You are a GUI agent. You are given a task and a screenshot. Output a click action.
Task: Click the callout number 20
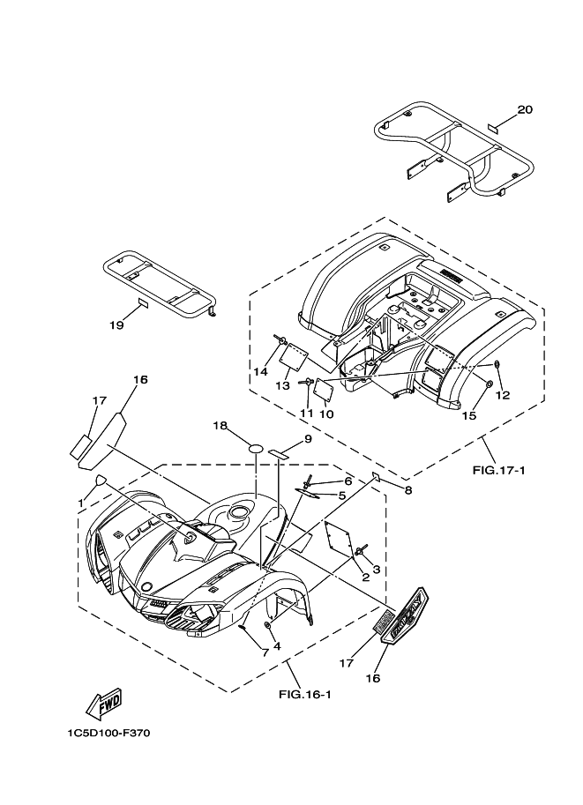[x=525, y=110]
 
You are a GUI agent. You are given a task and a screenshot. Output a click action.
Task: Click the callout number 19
[x=116, y=325]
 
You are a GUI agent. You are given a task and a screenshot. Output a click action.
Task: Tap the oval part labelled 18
[x=255, y=449]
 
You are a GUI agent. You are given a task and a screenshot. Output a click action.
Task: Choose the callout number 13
[x=282, y=385]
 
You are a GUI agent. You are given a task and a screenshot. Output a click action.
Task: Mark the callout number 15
[x=469, y=415]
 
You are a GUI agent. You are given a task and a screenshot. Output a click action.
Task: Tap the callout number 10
[x=325, y=414]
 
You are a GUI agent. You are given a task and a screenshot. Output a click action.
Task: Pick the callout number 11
[x=306, y=413]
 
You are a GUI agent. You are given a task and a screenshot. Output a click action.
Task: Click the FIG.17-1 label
[x=499, y=470]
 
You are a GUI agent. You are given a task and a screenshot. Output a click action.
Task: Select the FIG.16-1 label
[x=304, y=695]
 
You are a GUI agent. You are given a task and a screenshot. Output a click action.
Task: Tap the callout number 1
[x=80, y=503]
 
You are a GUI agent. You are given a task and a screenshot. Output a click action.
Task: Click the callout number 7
[x=264, y=652]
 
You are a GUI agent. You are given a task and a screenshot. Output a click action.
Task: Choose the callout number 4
[x=276, y=646]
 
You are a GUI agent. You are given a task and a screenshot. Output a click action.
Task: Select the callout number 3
[x=376, y=570]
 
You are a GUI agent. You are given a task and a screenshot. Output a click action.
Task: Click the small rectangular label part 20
[x=496, y=126]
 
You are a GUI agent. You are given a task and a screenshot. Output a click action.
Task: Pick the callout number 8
[x=407, y=489]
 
